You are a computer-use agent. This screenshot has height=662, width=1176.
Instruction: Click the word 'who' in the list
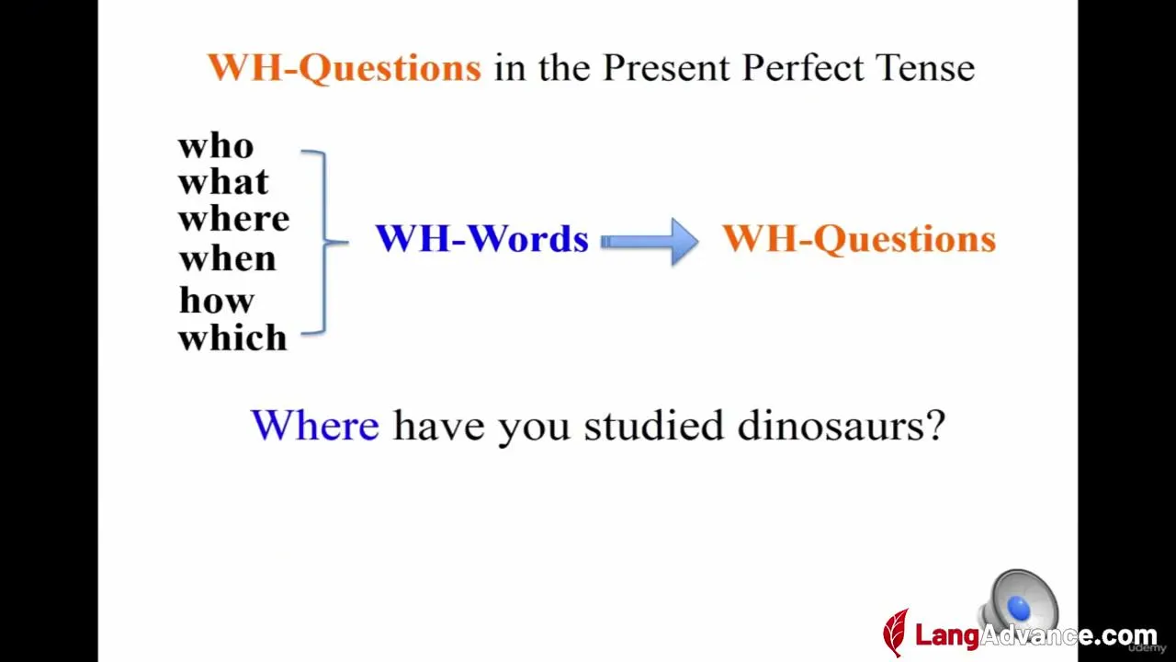coord(216,146)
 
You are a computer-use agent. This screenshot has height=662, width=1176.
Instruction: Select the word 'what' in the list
coord(223,182)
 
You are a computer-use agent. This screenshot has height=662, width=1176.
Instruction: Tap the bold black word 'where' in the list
coord(233,219)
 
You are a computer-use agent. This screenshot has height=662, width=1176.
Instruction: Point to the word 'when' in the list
coord(227,258)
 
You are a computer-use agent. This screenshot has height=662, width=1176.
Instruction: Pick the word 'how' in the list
coord(217,300)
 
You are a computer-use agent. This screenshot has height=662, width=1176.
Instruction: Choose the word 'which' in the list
coord(232,337)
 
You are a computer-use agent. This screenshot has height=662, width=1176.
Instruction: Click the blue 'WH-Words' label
coord(482,238)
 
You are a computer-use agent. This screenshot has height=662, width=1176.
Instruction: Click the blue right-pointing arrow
coord(650,242)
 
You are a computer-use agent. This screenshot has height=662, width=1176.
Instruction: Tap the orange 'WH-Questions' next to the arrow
coord(859,240)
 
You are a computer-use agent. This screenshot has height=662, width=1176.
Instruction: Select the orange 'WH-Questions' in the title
coord(345,68)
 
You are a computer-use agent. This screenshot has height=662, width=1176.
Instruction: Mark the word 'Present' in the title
coord(666,68)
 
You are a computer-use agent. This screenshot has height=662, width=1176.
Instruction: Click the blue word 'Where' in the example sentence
coord(315,425)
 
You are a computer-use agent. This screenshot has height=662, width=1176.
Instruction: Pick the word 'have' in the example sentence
coord(439,427)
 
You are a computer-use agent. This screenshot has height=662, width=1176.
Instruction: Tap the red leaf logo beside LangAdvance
coord(896,633)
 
